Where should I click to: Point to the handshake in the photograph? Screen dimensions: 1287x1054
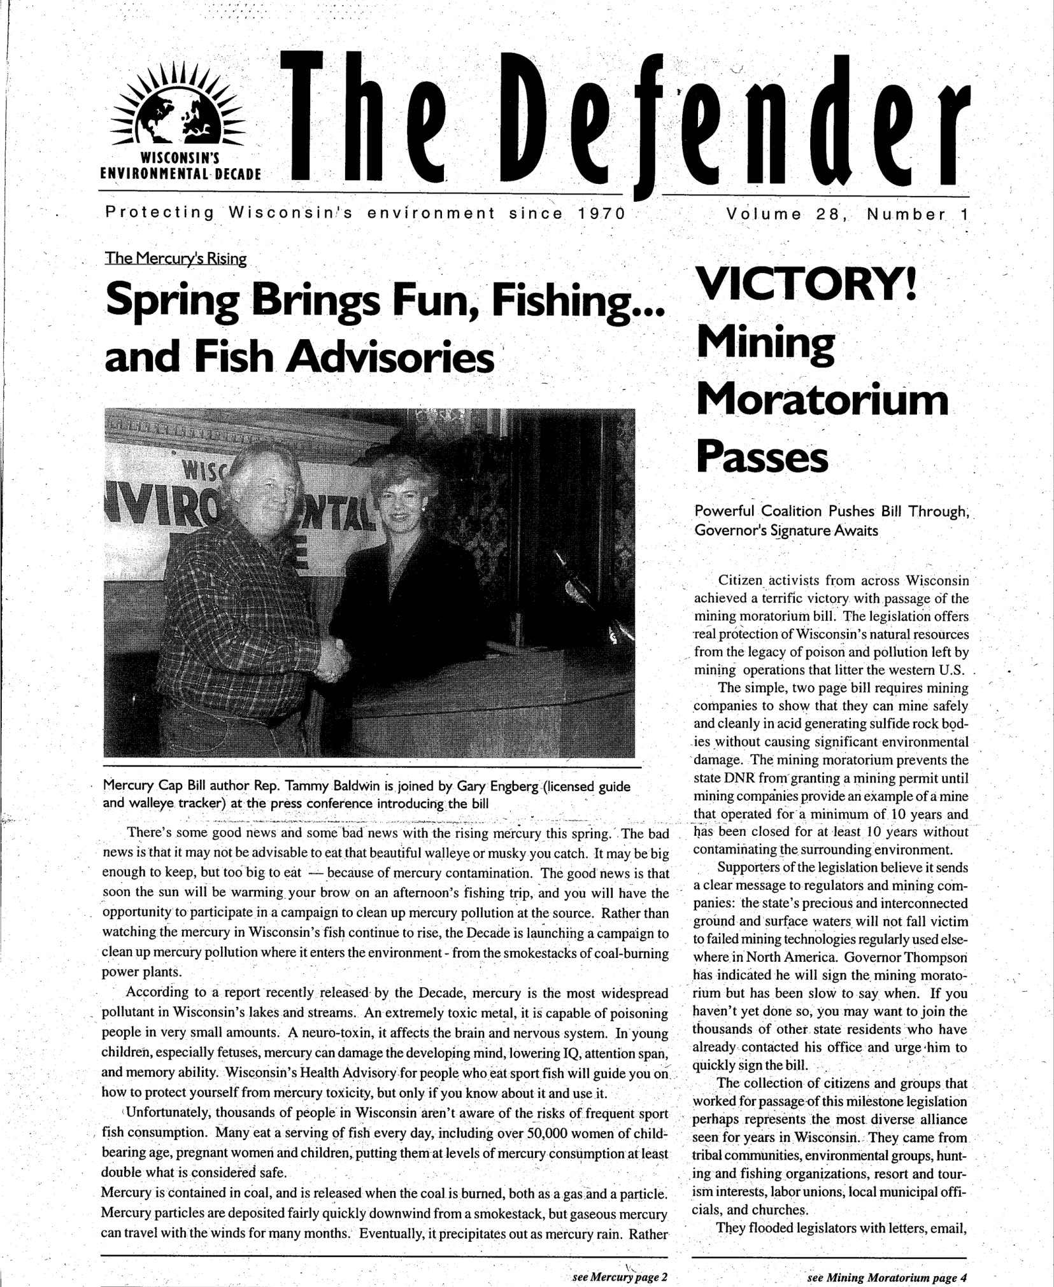pos(333,661)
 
